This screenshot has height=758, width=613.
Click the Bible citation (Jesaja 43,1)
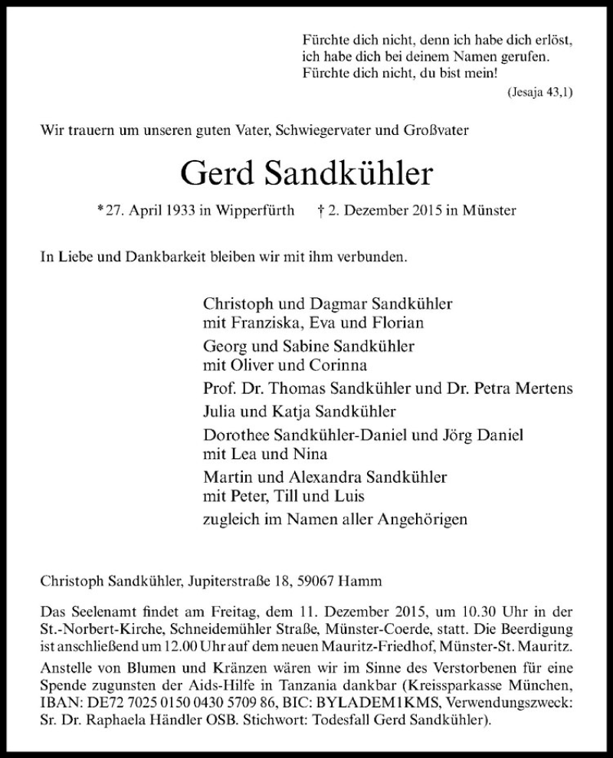(539, 92)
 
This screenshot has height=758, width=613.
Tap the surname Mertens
(545, 389)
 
